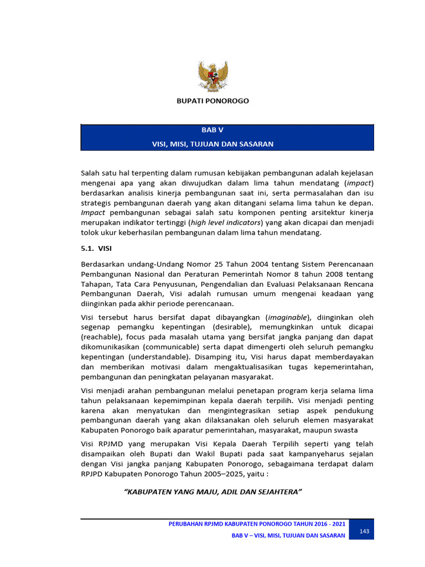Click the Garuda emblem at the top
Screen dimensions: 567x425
[213, 76]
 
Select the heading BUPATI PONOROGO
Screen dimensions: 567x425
[212, 101]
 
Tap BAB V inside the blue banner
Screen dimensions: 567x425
[212, 130]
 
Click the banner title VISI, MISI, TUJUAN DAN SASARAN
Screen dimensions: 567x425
[212, 144]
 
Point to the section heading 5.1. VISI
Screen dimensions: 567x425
[96, 249]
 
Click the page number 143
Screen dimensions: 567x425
[364, 532]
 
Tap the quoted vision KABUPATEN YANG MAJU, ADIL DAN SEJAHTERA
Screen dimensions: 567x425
[212, 492]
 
